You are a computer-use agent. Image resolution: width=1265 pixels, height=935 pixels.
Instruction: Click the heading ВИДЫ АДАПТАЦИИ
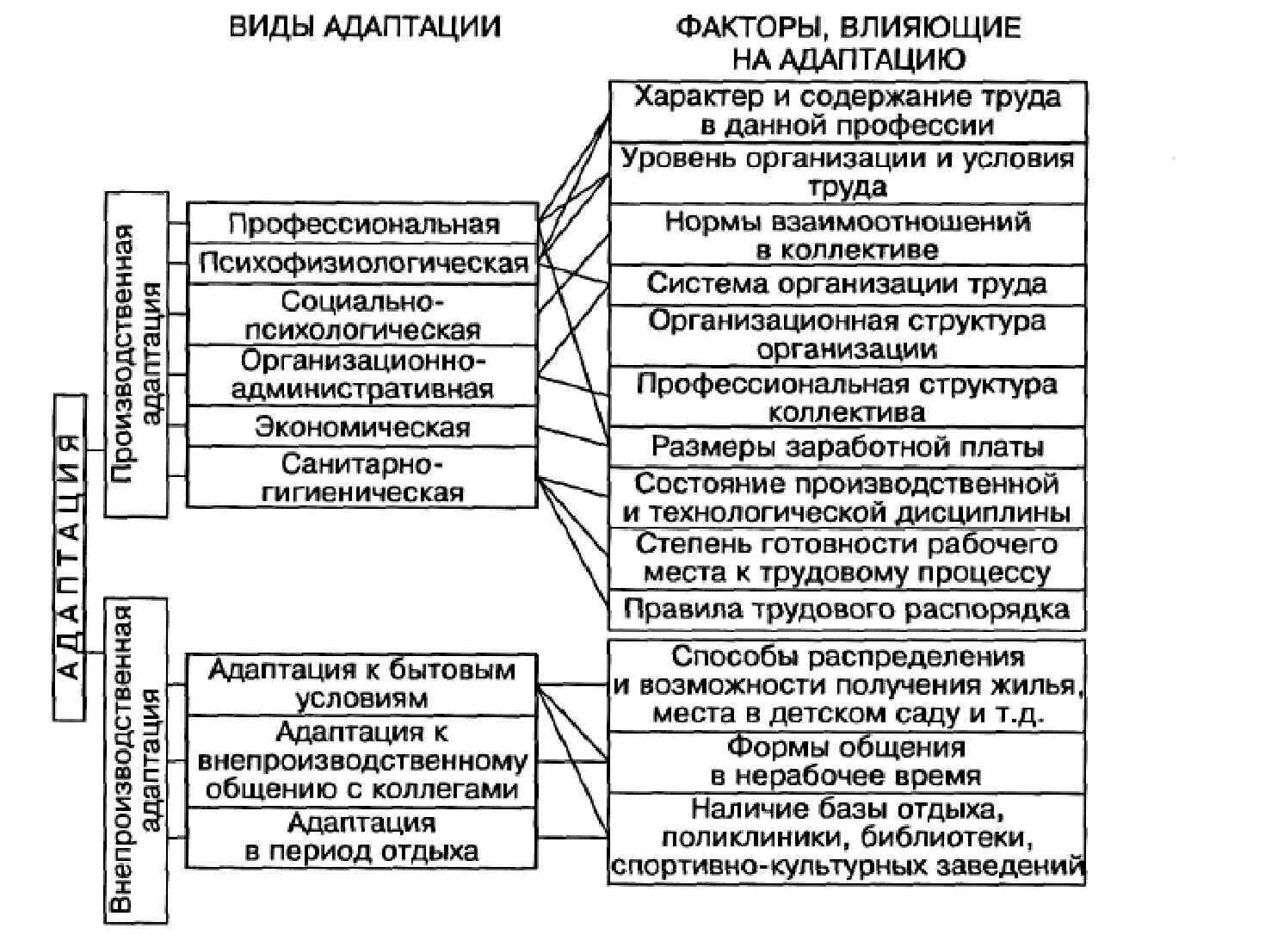coord(364,27)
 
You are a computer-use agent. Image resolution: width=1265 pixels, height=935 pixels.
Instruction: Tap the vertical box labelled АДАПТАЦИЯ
coord(71,557)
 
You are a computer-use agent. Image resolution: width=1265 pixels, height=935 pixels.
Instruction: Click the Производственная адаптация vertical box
coord(137,354)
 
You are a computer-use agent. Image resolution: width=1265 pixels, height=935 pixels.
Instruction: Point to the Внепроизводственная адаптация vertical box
coord(136,759)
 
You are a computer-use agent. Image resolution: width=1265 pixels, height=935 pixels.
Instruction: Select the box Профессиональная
coord(363,225)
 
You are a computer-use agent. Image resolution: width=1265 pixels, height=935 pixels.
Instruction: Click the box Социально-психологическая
coord(363,315)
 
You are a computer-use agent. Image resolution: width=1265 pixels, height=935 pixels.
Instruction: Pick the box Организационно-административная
coord(363,375)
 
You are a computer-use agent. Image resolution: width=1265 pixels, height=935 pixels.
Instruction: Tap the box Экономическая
coord(363,427)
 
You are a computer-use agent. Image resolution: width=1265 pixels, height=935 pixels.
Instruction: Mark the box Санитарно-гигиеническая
coord(363,478)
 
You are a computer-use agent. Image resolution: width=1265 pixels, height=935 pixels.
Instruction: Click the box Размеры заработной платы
coord(848,447)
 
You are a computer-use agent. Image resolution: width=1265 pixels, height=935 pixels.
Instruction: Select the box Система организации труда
coord(848,284)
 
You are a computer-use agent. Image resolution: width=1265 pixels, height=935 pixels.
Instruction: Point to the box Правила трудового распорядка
coord(848,610)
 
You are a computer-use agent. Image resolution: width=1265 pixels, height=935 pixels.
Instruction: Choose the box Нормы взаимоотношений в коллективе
coord(848,235)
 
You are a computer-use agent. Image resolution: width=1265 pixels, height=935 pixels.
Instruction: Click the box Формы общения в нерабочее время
coord(848,761)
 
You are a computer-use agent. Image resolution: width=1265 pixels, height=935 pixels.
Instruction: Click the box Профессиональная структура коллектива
coord(848,397)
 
